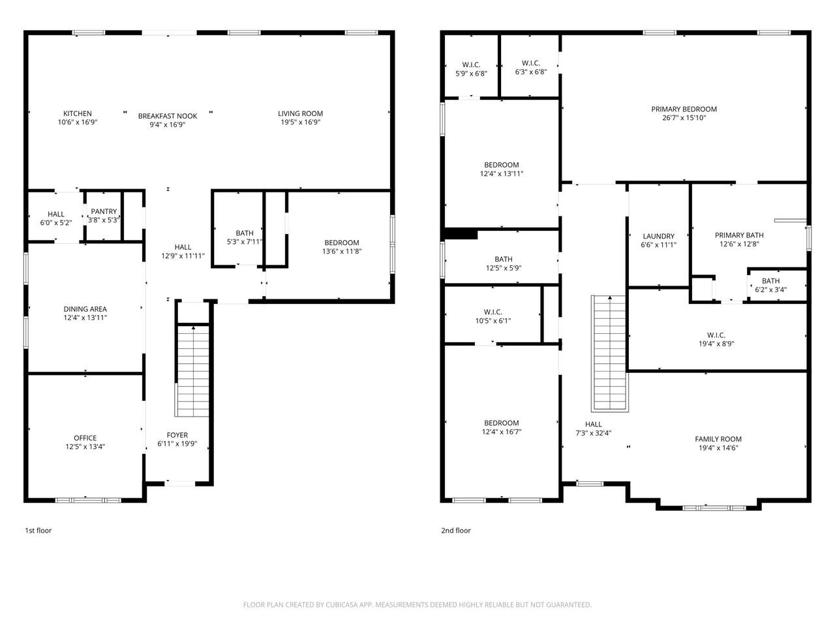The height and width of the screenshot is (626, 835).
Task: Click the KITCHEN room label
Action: click(x=77, y=113)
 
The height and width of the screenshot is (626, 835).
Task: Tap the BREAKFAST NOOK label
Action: click(x=168, y=116)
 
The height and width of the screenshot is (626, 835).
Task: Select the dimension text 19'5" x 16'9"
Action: click(x=300, y=122)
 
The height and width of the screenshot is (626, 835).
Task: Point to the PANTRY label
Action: click(x=104, y=211)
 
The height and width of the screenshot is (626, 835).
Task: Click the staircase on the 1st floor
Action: click(x=193, y=370)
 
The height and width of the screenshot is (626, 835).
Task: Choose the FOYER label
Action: click(x=177, y=435)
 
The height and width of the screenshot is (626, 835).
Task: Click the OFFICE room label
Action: click(x=85, y=438)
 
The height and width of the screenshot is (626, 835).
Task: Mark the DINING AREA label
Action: click(x=85, y=309)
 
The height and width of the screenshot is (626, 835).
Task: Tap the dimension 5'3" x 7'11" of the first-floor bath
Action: click(x=245, y=242)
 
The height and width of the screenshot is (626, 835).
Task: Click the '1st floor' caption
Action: click(x=38, y=530)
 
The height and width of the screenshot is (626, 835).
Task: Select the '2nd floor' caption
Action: click(x=456, y=530)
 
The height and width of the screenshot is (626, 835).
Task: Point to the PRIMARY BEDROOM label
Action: click(x=684, y=109)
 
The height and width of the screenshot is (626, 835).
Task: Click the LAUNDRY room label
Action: click(x=658, y=236)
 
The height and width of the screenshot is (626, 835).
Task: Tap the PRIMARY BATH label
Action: click(x=739, y=235)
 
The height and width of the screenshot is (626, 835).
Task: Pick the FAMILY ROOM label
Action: click(x=718, y=439)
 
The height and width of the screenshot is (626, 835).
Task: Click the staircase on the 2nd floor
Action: click(x=609, y=353)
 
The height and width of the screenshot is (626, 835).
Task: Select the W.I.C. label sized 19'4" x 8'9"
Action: click(x=716, y=335)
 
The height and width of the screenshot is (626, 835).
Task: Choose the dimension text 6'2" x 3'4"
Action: click(x=770, y=290)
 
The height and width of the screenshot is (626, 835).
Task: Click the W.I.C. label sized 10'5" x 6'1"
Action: click(x=493, y=312)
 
